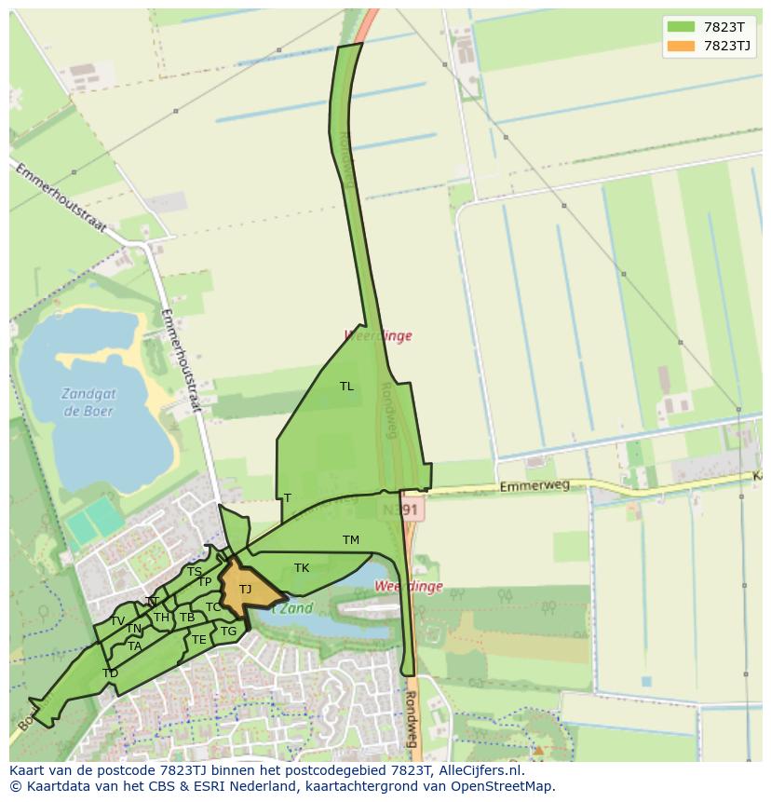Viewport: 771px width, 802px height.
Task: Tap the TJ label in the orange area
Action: click(x=245, y=590)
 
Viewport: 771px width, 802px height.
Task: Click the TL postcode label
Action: click(x=346, y=386)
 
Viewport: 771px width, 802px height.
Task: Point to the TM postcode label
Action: click(x=350, y=540)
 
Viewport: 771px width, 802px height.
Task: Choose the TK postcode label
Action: click(x=302, y=568)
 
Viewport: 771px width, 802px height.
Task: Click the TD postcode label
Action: click(x=111, y=673)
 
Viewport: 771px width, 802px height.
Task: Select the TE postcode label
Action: click(x=198, y=640)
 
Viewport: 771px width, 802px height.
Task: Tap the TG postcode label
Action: click(x=229, y=632)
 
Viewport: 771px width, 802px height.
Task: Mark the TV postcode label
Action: click(x=117, y=621)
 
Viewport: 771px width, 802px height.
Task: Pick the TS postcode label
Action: click(x=194, y=572)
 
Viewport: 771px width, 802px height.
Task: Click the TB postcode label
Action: click(x=187, y=618)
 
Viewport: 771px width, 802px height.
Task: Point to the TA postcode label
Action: click(x=135, y=646)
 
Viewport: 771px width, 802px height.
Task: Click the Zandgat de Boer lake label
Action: click(x=89, y=401)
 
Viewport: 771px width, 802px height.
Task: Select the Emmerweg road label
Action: click(x=527, y=486)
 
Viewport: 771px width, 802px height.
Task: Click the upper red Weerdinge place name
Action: click(x=378, y=335)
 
